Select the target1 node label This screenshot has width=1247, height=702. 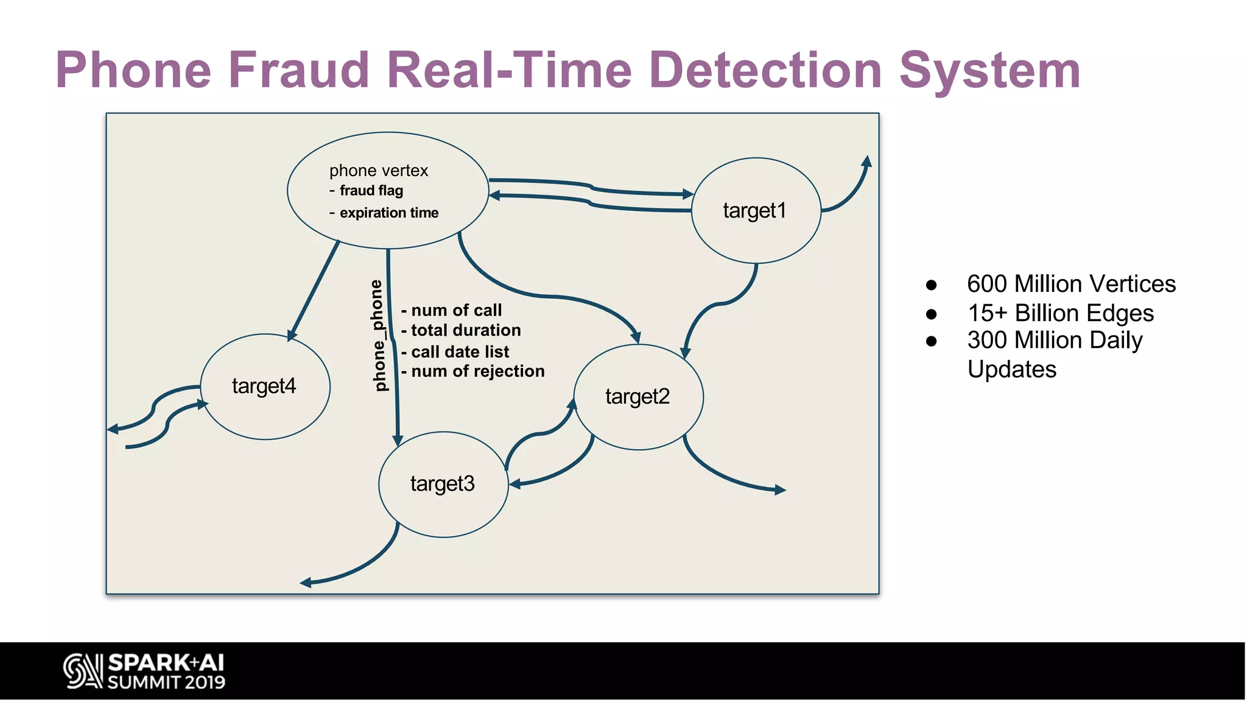[754, 211]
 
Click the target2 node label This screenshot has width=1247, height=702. [638, 397]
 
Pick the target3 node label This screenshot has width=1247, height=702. [443, 484]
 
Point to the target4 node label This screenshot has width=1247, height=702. [264, 386]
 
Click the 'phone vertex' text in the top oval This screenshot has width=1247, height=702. [379, 171]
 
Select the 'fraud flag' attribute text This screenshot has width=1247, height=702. [371, 191]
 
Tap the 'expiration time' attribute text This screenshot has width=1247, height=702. [388, 213]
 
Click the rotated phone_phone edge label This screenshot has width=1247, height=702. [378, 335]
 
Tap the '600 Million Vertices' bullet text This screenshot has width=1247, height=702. [1071, 284]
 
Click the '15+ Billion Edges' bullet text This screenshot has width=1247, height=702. [1060, 313]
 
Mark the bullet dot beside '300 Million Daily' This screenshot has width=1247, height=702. [931, 341]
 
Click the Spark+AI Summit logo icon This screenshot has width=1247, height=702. [82, 671]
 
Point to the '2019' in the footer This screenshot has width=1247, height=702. [205, 682]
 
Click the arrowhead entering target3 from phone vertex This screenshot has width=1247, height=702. [398, 440]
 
